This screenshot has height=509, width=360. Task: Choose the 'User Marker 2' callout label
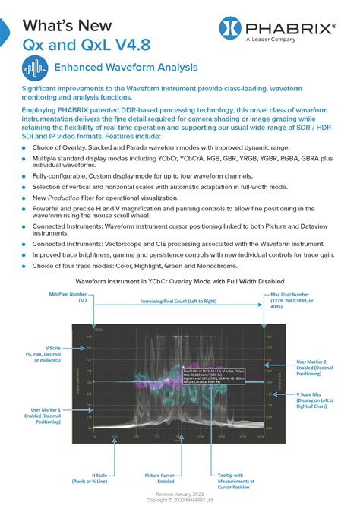314,368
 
